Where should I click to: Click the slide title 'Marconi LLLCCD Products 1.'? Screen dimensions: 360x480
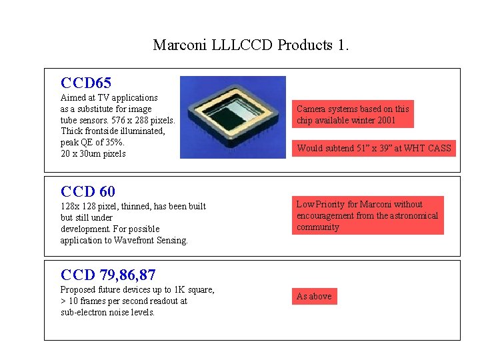251,45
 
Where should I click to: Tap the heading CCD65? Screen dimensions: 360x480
85,83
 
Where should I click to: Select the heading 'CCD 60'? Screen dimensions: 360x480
87,192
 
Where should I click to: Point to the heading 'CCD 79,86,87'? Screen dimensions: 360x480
108,274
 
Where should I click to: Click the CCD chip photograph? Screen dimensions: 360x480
233,117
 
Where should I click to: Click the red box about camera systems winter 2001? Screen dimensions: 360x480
353,114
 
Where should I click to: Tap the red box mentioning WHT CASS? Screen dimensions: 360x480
373,148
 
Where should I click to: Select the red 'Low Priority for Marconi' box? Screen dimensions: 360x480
367,215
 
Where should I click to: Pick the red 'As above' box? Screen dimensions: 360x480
314,296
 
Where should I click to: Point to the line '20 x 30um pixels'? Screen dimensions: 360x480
93,154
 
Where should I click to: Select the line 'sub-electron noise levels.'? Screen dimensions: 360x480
107,312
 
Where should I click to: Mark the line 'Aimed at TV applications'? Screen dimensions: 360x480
109,98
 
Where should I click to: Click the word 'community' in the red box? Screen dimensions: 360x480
318,227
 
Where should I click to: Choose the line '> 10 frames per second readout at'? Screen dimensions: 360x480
123,301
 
